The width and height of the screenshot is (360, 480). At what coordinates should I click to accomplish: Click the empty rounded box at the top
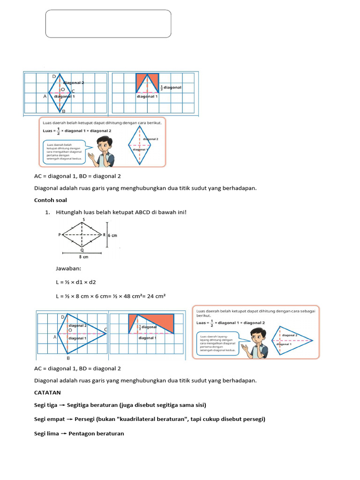[108, 23]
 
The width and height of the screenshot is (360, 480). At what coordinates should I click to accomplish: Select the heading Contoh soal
[51, 200]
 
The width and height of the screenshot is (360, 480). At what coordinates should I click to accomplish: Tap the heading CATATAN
[47, 392]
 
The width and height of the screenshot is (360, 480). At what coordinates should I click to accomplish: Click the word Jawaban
[68, 269]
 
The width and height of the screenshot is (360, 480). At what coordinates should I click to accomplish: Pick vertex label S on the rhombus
[83, 219]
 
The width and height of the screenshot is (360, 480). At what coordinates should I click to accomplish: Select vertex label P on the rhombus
[60, 235]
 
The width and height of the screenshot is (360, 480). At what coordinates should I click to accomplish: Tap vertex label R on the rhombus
[104, 235]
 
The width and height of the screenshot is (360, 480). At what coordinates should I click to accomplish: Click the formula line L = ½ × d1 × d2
[75, 282]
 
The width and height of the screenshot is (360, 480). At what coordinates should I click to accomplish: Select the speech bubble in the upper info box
[64, 151]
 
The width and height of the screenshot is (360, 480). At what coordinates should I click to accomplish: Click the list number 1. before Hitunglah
[47, 212]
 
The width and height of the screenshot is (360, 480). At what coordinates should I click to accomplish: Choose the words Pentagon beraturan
[96, 434]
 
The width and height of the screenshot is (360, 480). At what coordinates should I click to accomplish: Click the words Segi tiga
[45, 405]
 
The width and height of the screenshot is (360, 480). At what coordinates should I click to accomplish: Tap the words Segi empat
[48, 419]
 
